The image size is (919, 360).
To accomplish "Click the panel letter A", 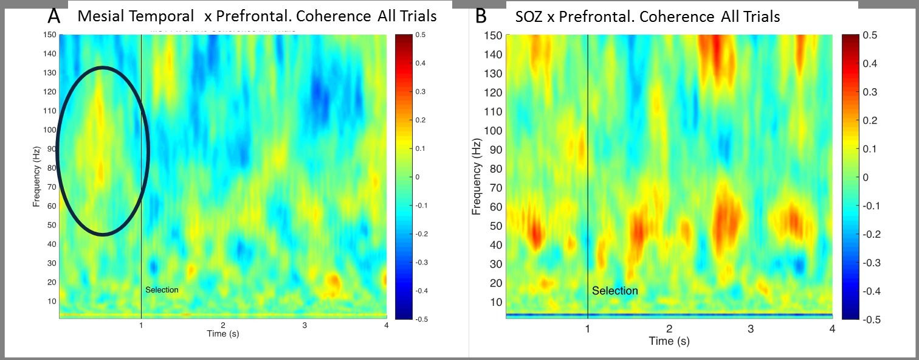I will click(x=53, y=16).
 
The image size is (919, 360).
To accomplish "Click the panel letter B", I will click(x=481, y=16).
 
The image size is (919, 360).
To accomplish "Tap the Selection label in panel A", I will click(x=162, y=290).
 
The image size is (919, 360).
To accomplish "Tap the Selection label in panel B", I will click(x=615, y=291).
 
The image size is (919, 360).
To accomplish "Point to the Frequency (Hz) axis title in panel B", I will click(x=477, y=176).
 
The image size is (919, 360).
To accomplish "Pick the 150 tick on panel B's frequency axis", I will click(x=494, y=35).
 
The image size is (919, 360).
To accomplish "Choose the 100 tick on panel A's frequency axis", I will click(x=49, y=130).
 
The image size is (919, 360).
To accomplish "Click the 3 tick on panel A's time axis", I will click(x=305, y=325).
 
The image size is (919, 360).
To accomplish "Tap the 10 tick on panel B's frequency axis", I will click(x=497, y=302).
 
